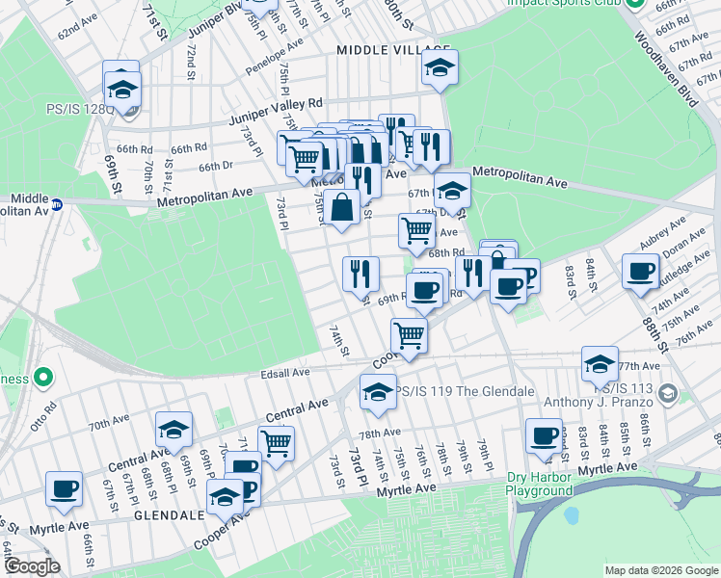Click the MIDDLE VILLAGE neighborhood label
coord(393,49)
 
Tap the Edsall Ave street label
coord(284,373)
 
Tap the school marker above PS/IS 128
coord(122,89)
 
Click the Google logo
coord(32,565)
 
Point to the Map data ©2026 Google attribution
coord(661,570)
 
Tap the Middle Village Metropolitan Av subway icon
coord(57,204)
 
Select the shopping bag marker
coord(342,207)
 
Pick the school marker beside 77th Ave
coord(600,364)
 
